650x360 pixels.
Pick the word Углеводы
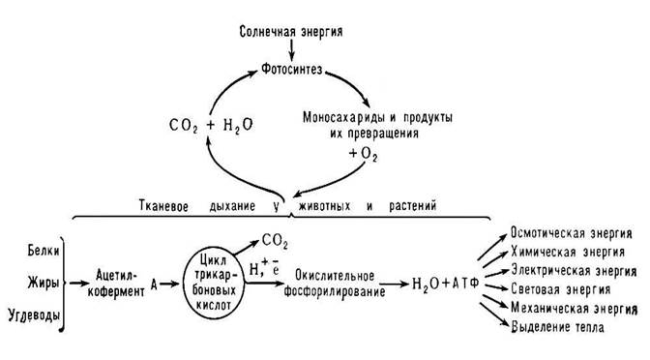pos(31,314)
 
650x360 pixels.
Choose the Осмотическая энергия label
pos(572,235)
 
